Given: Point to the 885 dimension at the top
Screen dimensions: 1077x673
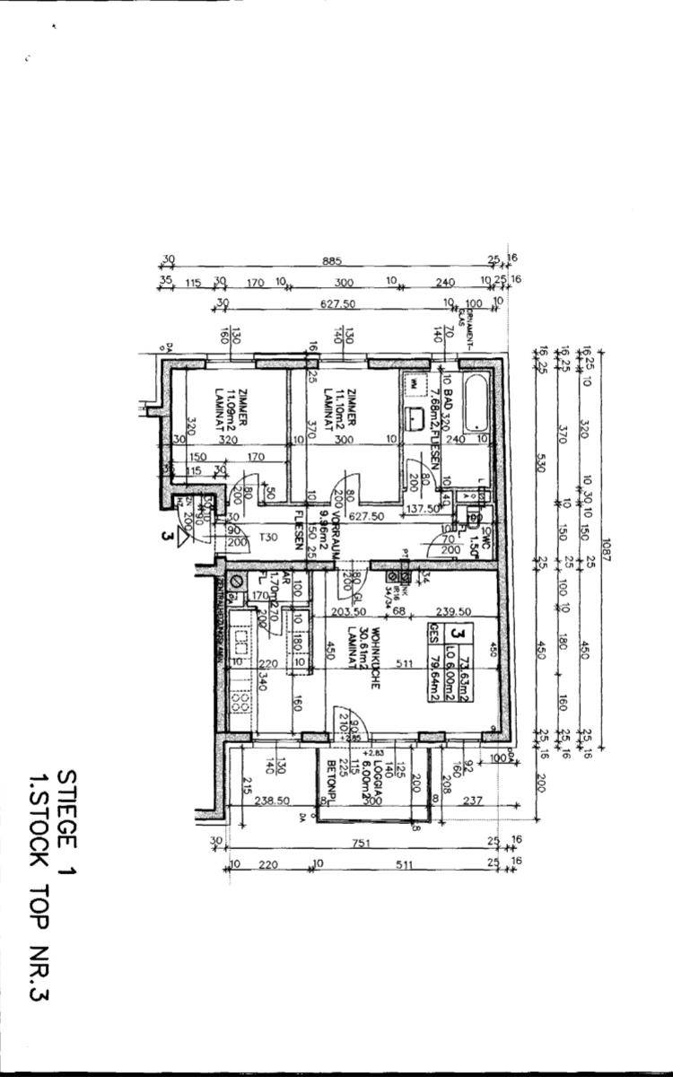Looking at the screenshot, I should (332, 261).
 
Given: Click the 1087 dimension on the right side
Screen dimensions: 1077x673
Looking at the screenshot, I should (606, 547).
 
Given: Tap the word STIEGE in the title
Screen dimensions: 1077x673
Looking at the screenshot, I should (66, 807).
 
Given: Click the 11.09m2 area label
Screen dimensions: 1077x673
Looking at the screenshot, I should (230, 403).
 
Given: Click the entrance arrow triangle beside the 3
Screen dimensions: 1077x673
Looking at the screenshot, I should (186, 536).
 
